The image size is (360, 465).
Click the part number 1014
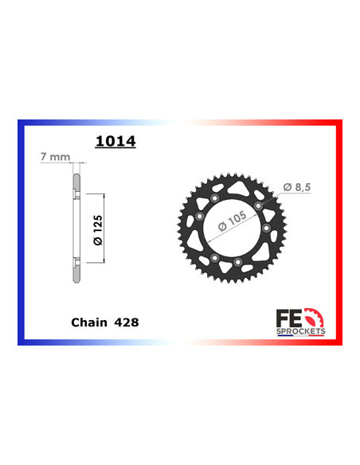point(115,141)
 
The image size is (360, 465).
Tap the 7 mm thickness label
point(56,157)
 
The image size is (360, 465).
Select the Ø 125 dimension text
point(98,230)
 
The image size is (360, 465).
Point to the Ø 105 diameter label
point(233,221)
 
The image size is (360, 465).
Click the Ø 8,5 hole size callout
point(297,187)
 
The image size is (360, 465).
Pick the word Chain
point(89,322)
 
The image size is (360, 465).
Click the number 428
point(127,322)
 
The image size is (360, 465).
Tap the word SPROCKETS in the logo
point(301,331)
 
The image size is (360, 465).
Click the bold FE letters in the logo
point(289,318)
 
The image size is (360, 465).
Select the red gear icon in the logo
point(315,318)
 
